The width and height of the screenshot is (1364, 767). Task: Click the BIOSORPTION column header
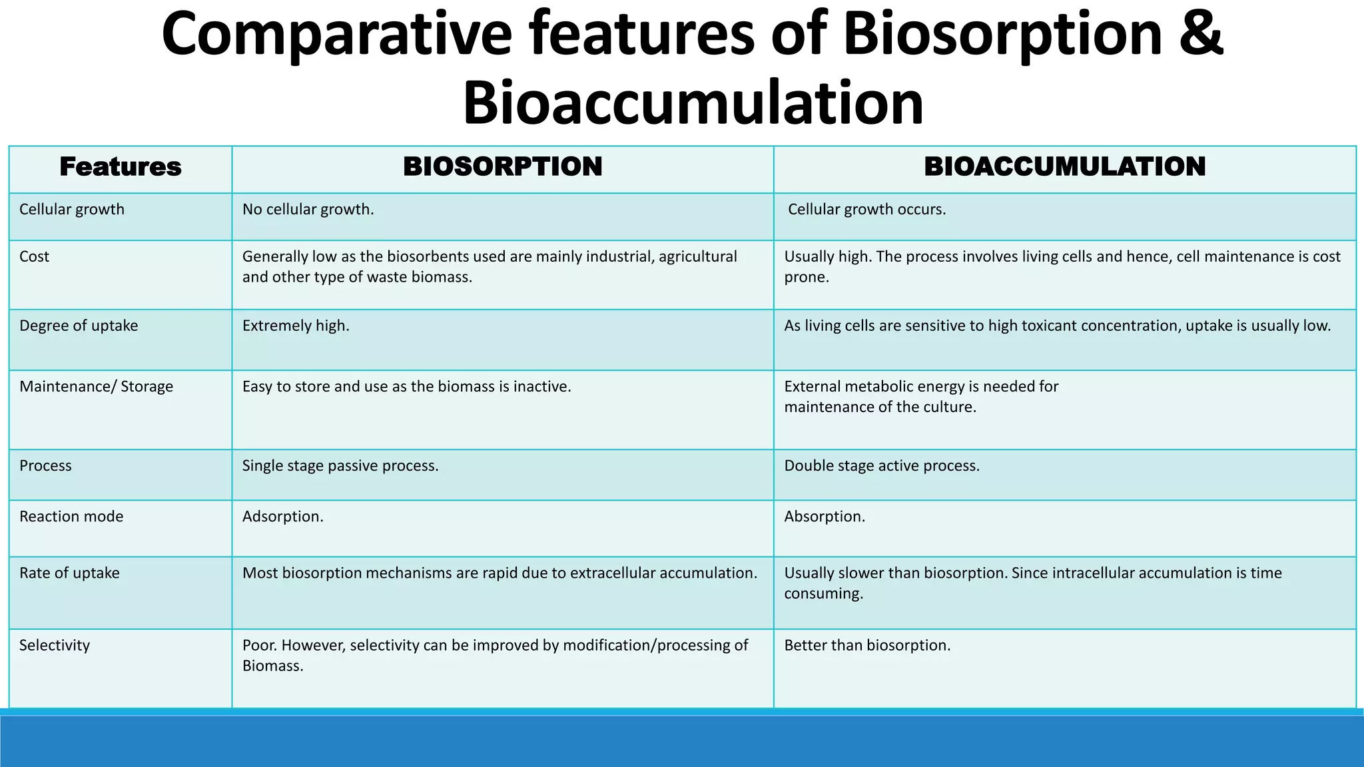502,166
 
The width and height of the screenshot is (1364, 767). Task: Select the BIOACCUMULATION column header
1064,166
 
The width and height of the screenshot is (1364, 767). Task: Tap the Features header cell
121,166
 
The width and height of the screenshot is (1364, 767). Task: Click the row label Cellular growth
72,209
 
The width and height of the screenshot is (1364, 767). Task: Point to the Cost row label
34,256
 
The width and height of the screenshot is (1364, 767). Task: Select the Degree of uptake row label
79,326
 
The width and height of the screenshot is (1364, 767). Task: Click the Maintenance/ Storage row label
96,386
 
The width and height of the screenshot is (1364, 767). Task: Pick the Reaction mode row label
71,516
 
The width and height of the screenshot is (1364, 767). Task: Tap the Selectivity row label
54,645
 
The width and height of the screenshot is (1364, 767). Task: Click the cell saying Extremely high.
296,326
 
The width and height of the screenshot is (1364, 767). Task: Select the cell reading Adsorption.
282,516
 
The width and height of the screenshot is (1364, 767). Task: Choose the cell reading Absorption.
825,516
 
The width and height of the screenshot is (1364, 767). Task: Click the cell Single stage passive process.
340,465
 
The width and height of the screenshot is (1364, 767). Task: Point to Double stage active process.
882,465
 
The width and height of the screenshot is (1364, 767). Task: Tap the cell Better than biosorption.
867,645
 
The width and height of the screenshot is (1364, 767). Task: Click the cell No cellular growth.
308,209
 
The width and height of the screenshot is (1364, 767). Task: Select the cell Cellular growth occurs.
866,209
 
